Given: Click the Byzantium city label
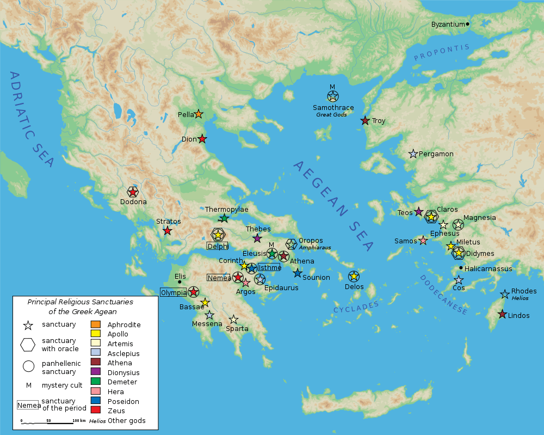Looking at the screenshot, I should click(x=448, y=24).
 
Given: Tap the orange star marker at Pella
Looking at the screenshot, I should click(x=199, y=114).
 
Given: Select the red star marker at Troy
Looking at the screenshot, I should click(x=365, y=120).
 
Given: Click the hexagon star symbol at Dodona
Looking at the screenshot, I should click(x=133, y=192).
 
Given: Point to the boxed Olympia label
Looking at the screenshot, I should click(x=173, y=292).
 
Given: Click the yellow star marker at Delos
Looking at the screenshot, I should click(x=354, y=277).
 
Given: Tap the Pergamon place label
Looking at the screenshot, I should click(x=436, y=154).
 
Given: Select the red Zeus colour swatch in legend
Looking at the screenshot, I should click(x=95, y=411).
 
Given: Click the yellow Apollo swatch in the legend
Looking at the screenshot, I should click(x=95, y=334).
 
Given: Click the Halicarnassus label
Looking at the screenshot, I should click(x=489, y=268).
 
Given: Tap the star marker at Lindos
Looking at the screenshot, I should click(x=503, y=314).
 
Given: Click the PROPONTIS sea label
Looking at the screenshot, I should click(x=441, y=53).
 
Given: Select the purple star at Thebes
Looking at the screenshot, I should click(x=257, y=238).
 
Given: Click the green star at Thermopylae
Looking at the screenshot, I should click(x=224, y=218).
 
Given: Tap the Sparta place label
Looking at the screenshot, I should click(x=237, y=328).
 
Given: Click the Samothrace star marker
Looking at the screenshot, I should click(x=333, y=97).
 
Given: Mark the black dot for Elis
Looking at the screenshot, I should click(x=180, y=282).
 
